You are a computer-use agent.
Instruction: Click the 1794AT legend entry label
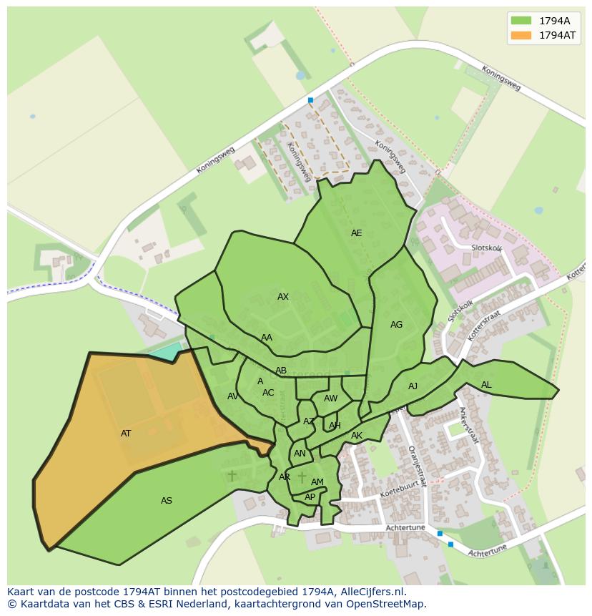tap(557, 35)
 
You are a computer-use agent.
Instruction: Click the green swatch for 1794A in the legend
tap(521, 21)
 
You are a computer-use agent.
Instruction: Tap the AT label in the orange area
tap(126, 434)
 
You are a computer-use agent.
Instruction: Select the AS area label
tap(167, 501)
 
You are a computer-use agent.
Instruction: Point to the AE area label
tap(356, 233)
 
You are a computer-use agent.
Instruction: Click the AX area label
tap(283, 297)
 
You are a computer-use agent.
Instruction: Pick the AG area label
tap(396, 325)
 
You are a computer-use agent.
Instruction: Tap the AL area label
tap(486, 385)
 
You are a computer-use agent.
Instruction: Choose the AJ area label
tap(413, 386)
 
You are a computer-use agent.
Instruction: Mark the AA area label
tap(267, 338)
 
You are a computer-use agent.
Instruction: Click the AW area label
tap(330, 399)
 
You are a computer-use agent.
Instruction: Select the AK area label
tap(357, 436)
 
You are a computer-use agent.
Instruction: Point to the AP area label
tap(310, 497)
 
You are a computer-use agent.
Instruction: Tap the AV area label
tap(233, 396)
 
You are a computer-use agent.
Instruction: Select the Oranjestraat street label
tap(417, 465)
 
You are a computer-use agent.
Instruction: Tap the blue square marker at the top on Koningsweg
tap(310, 100)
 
